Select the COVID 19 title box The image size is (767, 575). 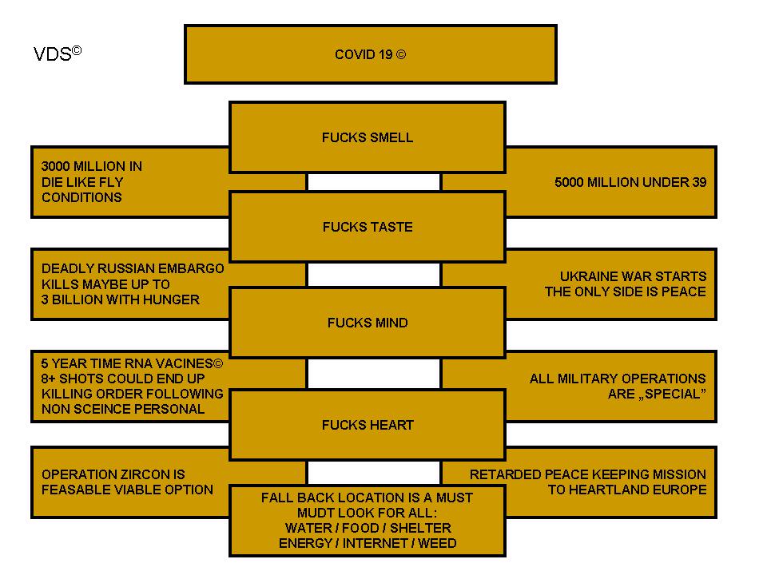[370, 54]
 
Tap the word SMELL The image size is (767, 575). [391, 137]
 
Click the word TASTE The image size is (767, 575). [391, 227]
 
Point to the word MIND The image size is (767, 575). [389, 323]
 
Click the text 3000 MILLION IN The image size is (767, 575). [91, 167]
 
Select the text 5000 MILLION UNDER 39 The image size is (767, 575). [630, 182]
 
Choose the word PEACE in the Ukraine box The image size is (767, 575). [684, 291]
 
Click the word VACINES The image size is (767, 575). [186, 363]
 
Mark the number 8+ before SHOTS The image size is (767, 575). [50, 379]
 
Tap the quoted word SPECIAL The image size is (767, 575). [671, 394]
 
